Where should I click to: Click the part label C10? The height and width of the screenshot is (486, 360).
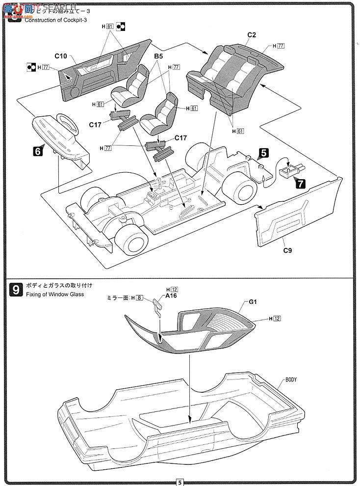60,56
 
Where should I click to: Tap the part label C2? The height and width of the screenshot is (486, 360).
252,34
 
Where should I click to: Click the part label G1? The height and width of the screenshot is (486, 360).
253,303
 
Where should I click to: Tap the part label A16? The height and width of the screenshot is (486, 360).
171,296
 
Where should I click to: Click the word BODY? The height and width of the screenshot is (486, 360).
291,379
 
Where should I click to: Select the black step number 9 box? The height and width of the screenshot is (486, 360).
16,290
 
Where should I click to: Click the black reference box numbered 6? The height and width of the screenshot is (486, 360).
37,152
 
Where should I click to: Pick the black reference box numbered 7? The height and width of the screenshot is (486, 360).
300,184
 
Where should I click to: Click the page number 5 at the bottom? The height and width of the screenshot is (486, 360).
180,482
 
